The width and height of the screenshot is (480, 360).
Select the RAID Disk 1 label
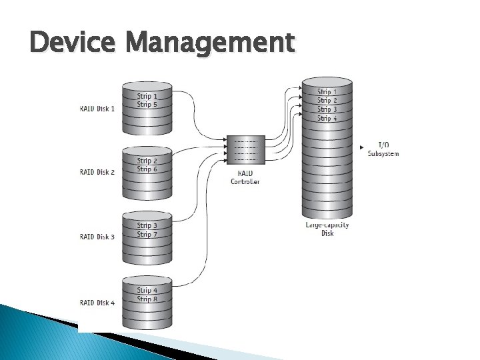tap(97, 109)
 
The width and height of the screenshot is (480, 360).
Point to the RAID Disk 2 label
tap(97, 173)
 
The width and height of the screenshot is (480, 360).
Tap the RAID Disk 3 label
tap(97, 237)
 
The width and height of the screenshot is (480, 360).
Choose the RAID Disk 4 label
tap(97, 303)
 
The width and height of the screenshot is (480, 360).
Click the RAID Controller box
tap(246, 150)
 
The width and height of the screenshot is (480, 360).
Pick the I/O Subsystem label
tap(383, 149)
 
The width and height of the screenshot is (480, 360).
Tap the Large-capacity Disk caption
tap(327, 229)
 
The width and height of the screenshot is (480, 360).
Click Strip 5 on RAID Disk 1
tap(147, 105)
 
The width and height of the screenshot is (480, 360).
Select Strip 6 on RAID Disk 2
tap(147, 169)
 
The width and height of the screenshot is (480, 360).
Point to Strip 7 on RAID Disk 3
tap(147, 234)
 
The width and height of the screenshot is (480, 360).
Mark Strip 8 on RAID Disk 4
tap(147, 299)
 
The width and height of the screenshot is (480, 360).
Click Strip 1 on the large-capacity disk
tap(327, 92)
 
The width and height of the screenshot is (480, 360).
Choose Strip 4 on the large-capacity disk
tap(327, 118)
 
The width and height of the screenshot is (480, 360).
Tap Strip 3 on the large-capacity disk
tap(327, 109)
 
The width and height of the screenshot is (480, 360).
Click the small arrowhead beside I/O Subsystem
tap(361, 146)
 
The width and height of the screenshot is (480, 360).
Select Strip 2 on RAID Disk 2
tap(147, 161)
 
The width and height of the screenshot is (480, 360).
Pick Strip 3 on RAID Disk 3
tap(147, 225)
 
